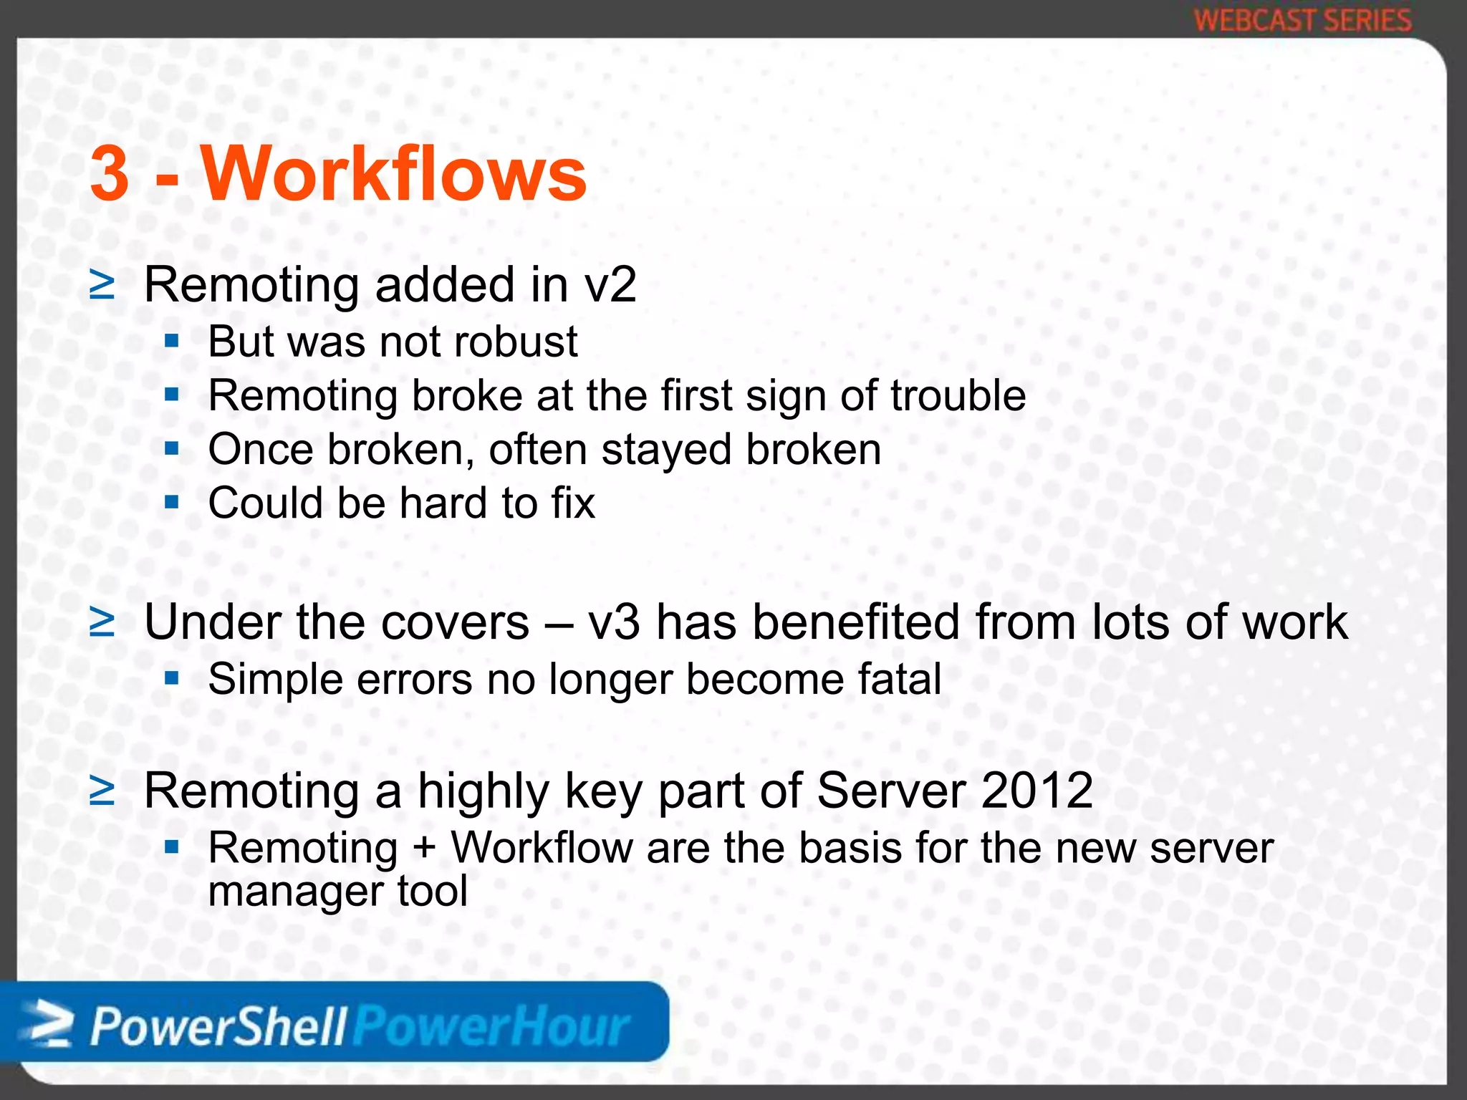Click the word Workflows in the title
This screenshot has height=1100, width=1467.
click(x=394, y=174)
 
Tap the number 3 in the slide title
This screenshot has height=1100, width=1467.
click(x=110, y=174)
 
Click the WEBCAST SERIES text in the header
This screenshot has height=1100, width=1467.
click(x=1303, y=20)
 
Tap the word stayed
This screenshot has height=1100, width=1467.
click(x=665, y=450)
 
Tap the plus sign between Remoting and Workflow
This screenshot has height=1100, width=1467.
click(x=424, y=849)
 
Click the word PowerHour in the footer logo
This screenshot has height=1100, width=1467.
click(x=491, y=1027)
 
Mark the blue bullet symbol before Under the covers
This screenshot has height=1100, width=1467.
click(x=102, y=622)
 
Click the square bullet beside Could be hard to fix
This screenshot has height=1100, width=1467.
click(x=171, y=503)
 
